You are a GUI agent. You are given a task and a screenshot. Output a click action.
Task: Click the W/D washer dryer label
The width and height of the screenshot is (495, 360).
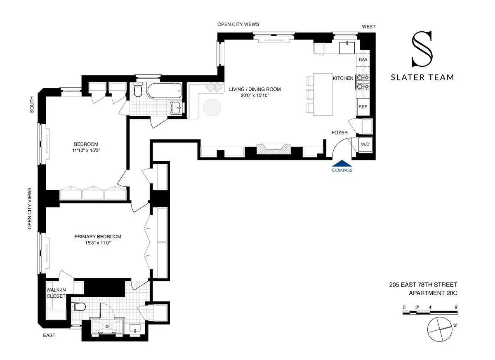(365, 145)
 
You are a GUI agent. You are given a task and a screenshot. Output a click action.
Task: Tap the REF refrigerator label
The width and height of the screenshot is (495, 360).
(363, 107)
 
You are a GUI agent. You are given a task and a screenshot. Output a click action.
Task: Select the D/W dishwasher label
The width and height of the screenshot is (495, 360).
(363, 60)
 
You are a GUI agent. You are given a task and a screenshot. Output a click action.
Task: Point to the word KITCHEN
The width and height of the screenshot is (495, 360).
(343, 78)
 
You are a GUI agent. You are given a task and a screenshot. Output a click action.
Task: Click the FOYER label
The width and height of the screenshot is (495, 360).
(339, 132)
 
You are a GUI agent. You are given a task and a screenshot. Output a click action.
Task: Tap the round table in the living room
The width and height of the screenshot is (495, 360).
(212, 108)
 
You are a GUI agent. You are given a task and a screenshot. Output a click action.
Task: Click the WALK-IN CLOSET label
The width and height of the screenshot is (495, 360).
(56, 293)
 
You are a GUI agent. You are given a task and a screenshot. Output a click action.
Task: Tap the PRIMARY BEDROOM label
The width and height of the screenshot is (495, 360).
(98, 237)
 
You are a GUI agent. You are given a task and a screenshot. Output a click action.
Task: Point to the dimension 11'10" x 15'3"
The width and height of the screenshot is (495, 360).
(86, 151)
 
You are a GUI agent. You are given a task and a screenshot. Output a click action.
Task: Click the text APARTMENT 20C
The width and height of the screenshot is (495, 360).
(433, 293)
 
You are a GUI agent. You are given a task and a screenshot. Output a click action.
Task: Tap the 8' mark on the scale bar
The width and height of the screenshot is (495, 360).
(456, 307)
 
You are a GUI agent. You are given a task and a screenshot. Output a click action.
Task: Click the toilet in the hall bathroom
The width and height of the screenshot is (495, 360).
(138, 89)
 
